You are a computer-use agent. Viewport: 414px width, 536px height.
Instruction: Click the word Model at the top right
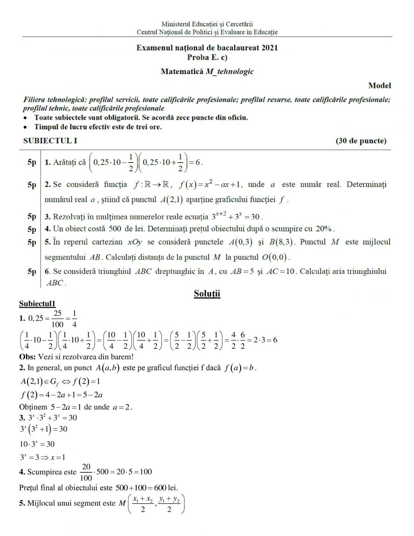(x=379, y=86)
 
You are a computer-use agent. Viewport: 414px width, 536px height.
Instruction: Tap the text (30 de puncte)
(x=361, y=141)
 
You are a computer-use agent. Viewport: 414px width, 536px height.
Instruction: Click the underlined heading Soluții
(x=207, y=294)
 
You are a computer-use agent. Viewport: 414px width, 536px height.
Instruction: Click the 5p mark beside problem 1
(x=31, y=162)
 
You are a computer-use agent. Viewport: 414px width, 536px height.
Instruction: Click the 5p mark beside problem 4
(x=31, y=229)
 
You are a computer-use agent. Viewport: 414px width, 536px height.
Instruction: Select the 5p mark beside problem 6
(x=31, y=271)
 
